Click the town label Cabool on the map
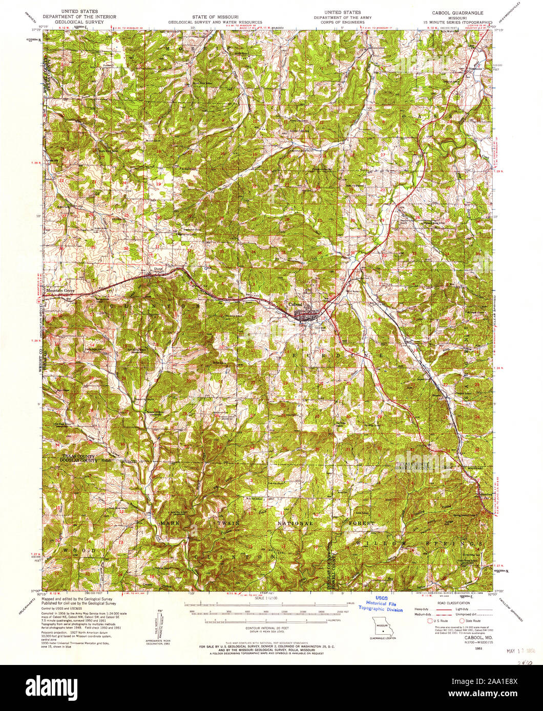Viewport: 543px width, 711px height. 297,304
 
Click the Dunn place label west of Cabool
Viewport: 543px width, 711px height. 158,269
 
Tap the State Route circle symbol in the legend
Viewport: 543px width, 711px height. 462,620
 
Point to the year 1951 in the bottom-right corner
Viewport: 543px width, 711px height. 478,648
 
